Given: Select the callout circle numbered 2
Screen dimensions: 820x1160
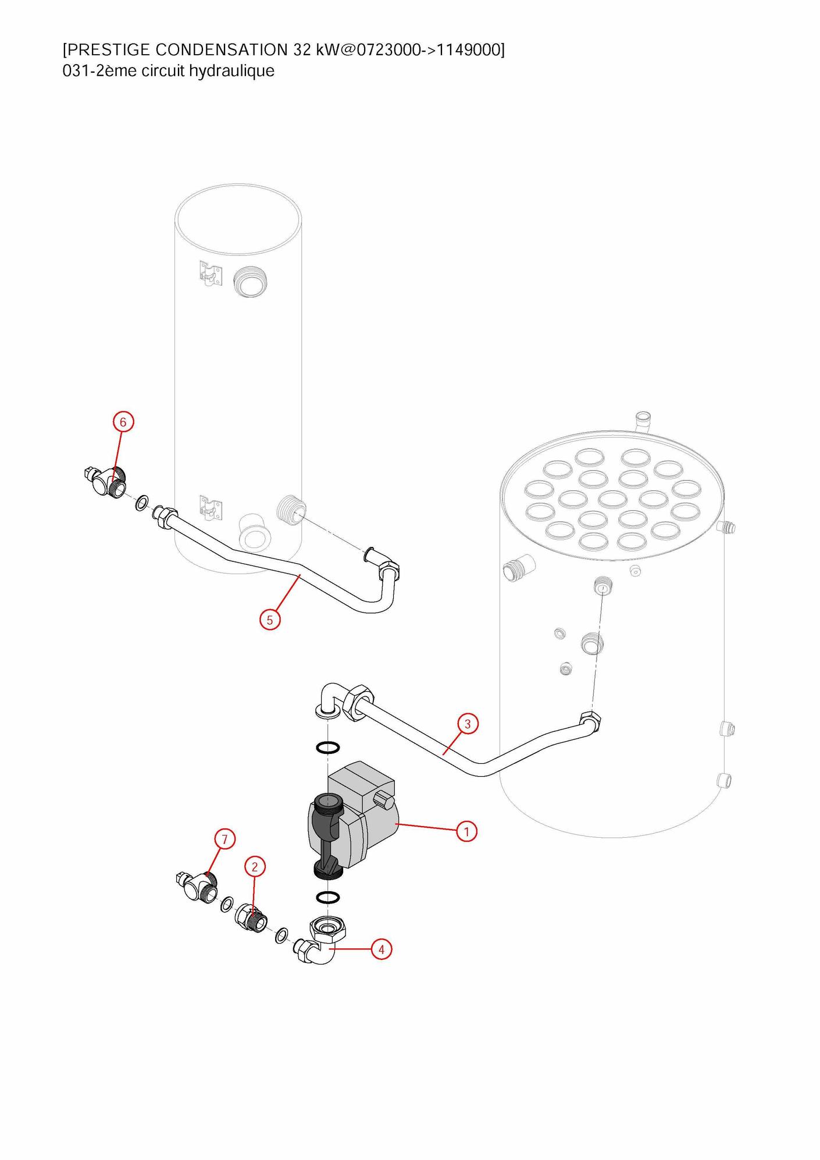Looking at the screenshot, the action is [255, 867].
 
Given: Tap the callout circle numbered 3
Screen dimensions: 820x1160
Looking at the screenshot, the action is [468, 724].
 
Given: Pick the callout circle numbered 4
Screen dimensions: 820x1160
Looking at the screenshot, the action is [382, 949].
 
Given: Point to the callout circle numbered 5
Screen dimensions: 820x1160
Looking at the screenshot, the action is [270, 620].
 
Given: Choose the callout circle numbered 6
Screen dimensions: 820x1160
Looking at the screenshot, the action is [123, 422].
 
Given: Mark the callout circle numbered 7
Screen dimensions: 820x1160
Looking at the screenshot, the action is [225, 839].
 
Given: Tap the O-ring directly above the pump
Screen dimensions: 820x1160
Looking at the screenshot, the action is [328, 748].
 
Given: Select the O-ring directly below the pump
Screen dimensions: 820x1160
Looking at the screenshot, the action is [328, 898].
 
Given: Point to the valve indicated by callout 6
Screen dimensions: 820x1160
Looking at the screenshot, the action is [108, 481].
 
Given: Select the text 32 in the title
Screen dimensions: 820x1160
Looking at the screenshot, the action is [302, 50].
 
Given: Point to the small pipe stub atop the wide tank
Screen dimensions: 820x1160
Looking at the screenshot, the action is [643, 421].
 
